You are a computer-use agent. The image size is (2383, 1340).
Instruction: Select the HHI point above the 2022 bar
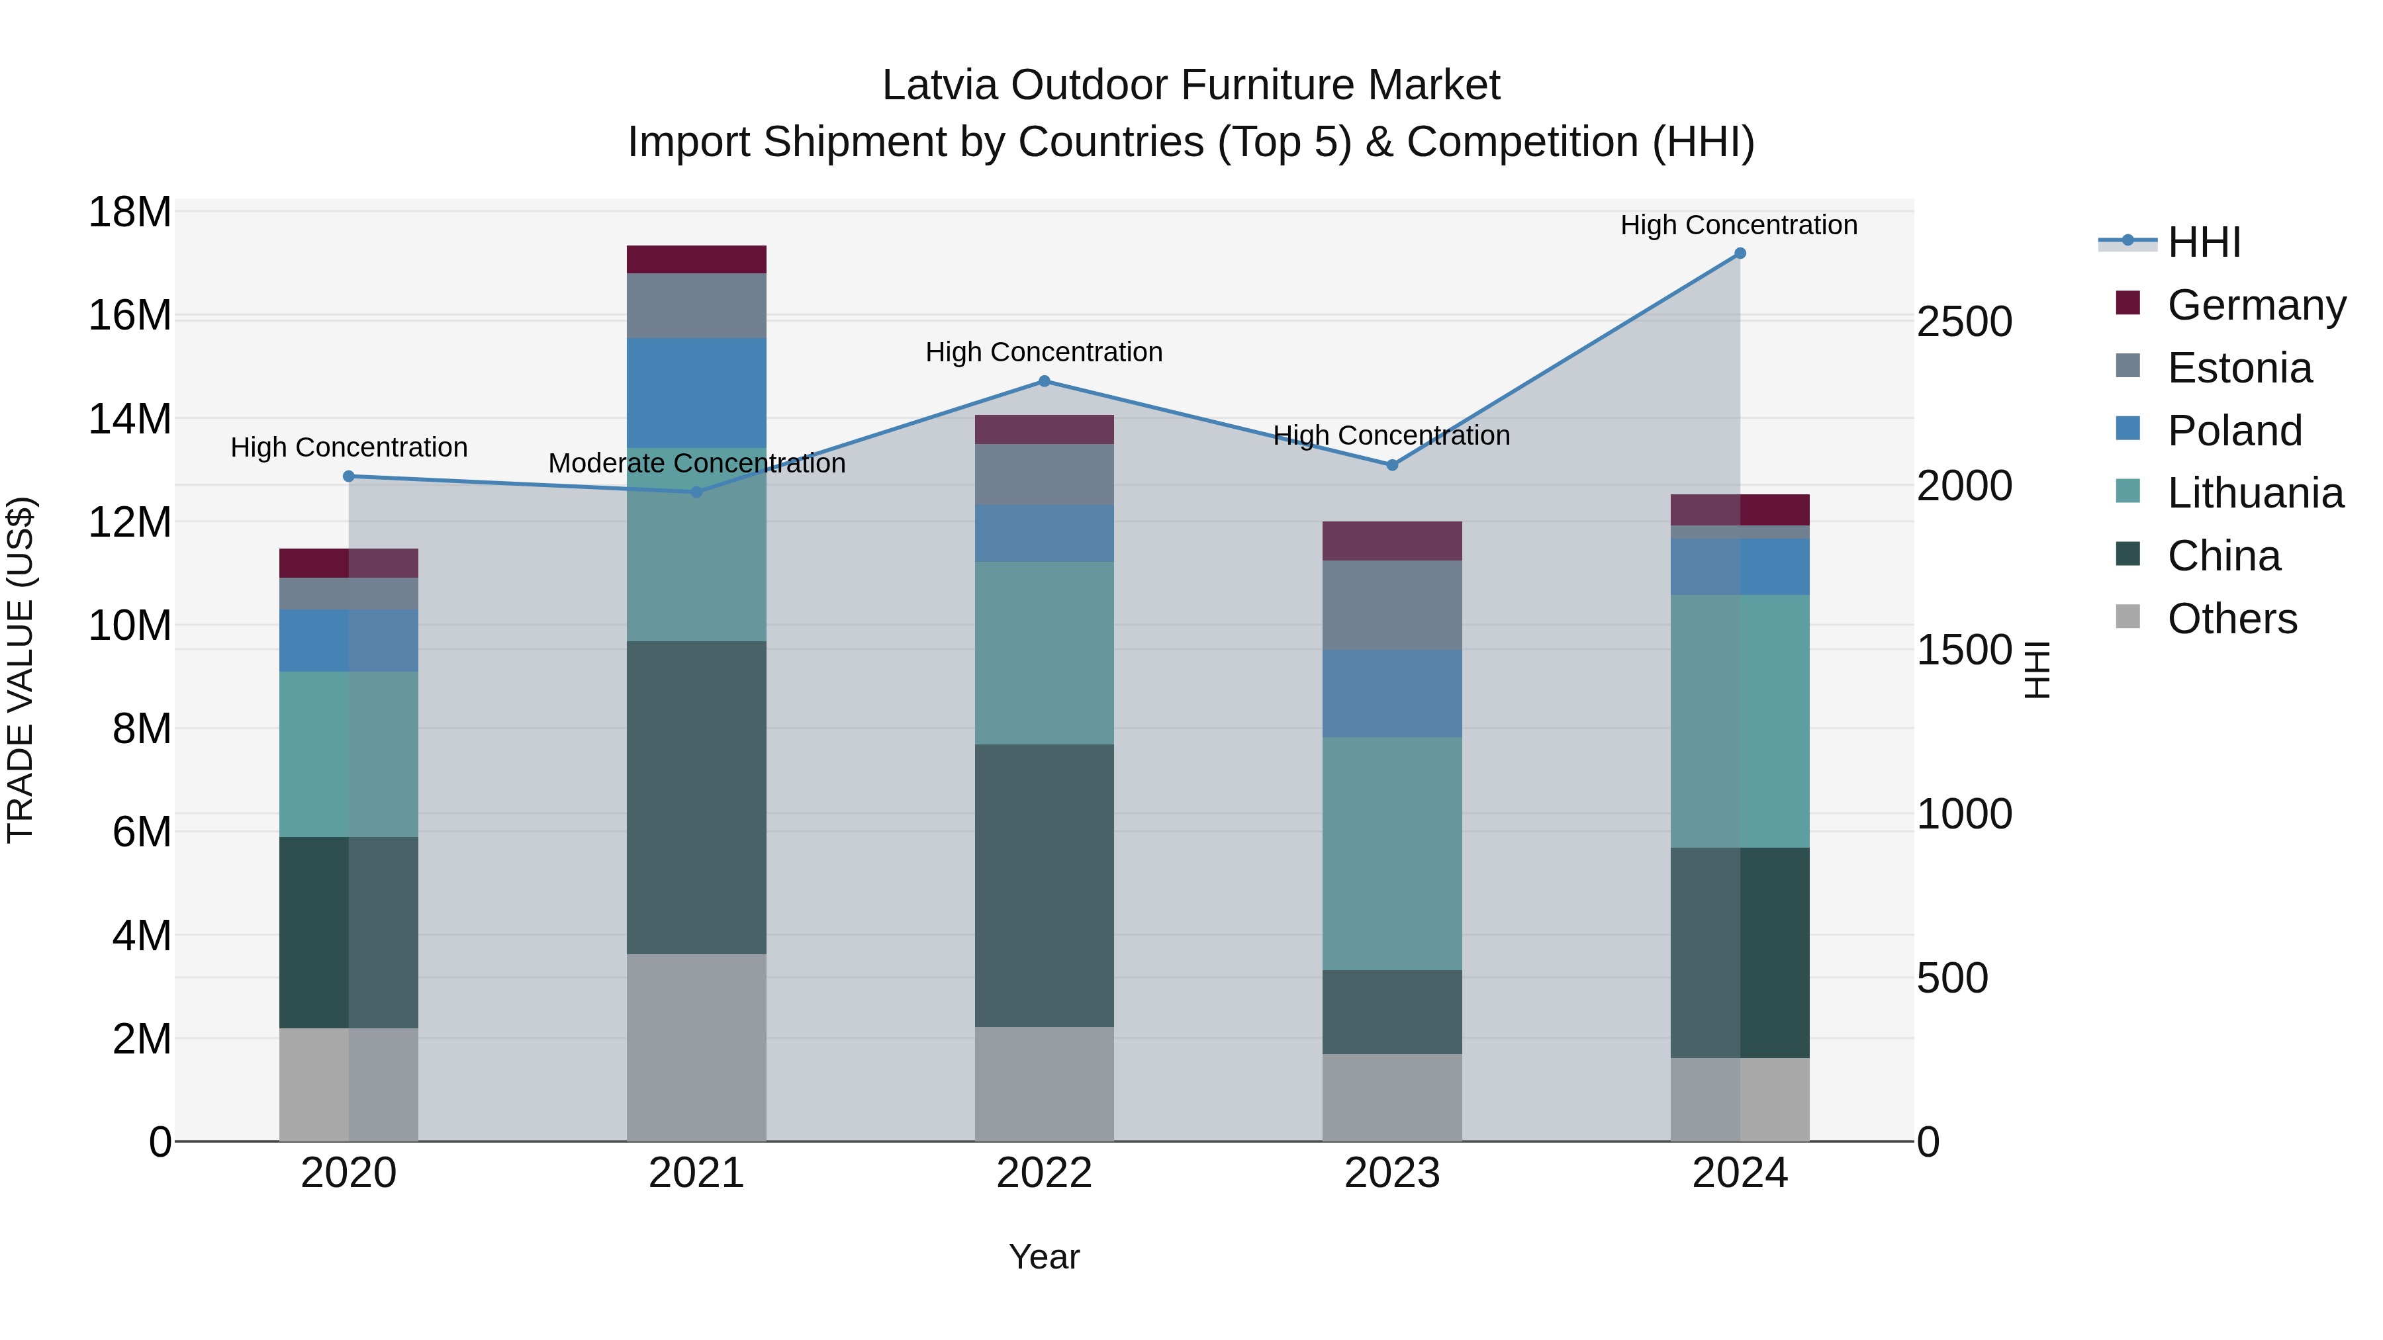[1045, 381]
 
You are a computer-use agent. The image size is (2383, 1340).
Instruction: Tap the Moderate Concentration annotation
[696, 463]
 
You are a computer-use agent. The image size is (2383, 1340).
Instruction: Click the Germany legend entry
[2255, 305]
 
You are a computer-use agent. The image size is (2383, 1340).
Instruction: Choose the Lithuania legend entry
[2255, 494]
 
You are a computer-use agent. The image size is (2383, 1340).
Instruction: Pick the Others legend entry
[2231, 619]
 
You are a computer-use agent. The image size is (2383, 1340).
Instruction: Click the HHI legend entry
[2204, 242]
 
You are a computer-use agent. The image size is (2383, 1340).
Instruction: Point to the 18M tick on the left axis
[130, 212]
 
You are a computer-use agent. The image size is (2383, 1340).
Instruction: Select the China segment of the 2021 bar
[696, 797]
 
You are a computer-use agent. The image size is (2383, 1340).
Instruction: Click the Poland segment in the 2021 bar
[696, 393]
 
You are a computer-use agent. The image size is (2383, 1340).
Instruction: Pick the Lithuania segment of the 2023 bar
[1391, 853]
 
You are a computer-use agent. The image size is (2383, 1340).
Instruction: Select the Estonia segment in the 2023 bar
[1391, 605]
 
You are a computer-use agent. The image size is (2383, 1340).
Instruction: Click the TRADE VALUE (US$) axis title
[21, 670]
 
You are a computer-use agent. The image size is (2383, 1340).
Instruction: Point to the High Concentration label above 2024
[1738, 225]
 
